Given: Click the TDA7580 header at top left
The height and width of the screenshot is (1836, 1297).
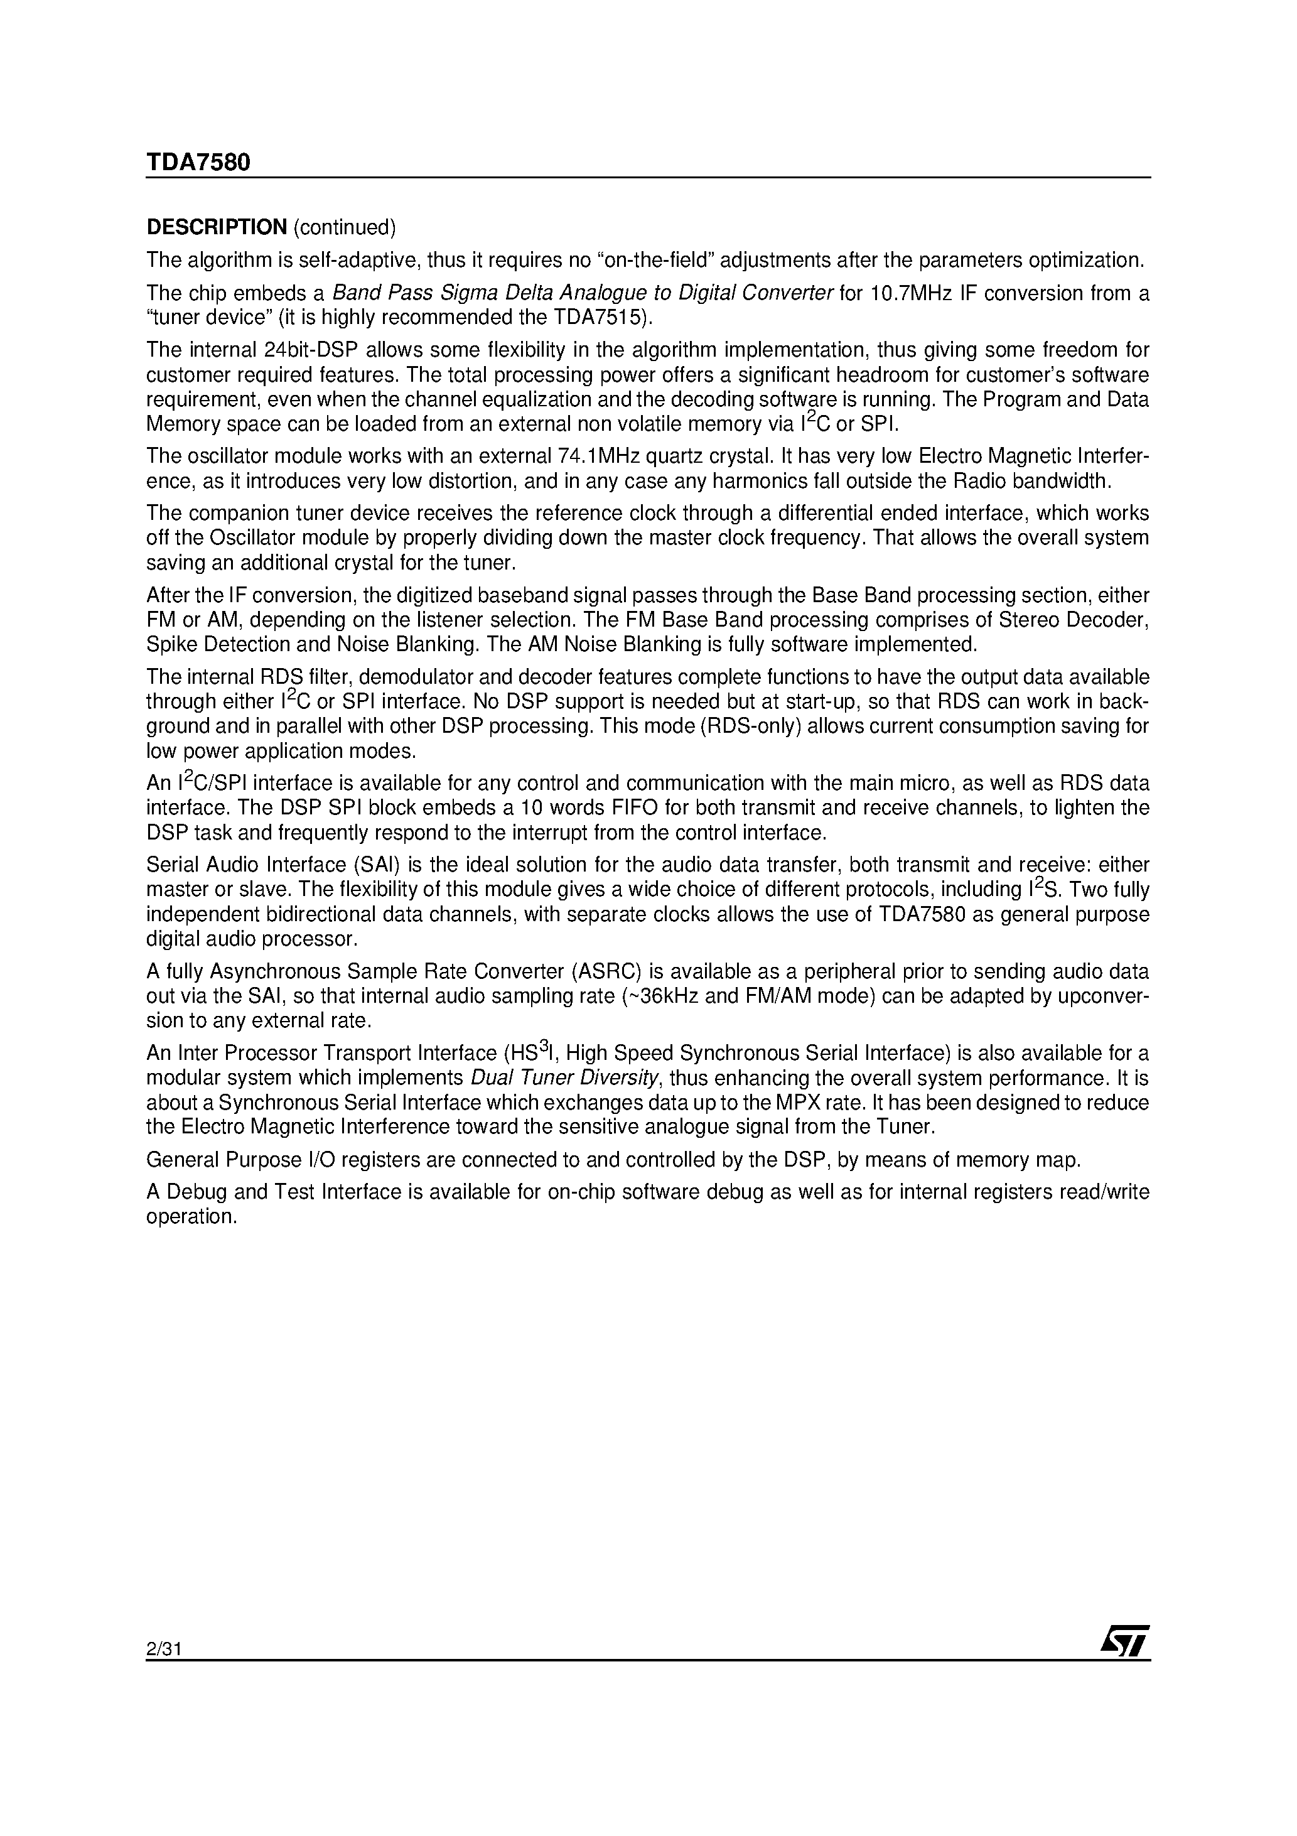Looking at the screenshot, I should pyautogui.click(x=198, y=163).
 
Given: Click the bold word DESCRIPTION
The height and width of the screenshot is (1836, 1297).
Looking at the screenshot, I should pyautogui.click(x=216, y=228).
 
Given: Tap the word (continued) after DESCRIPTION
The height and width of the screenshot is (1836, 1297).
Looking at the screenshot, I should pyautogui.click(x=345, y=228).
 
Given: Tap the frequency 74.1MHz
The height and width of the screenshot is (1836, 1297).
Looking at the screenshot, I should pyautogui.click(x=605, y=456).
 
